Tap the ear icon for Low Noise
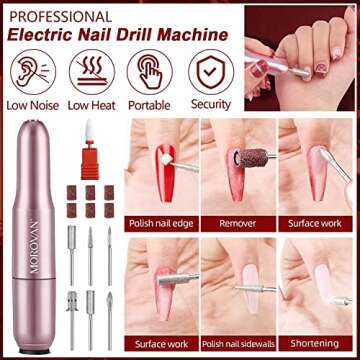(31, 72)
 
